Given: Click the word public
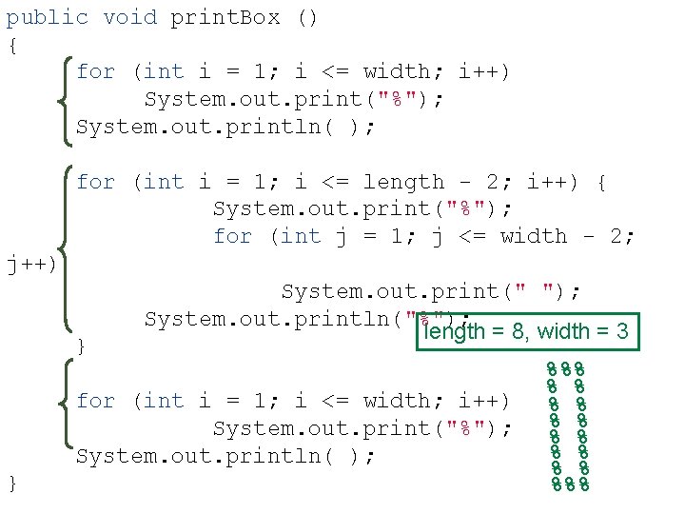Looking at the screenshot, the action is pos(48,17).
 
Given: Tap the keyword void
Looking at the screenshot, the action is pos(129,17).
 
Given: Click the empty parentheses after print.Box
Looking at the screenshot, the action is pos(307,17).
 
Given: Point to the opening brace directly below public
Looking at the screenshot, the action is pos(11,45).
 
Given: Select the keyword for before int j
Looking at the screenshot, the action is pos(232,236).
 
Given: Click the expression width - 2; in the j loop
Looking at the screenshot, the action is pos(567,236).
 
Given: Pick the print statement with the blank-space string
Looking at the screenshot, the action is pos(430,291).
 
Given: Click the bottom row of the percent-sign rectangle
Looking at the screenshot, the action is pos(570,484).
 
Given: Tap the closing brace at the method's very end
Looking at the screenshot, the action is pos(11,484).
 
